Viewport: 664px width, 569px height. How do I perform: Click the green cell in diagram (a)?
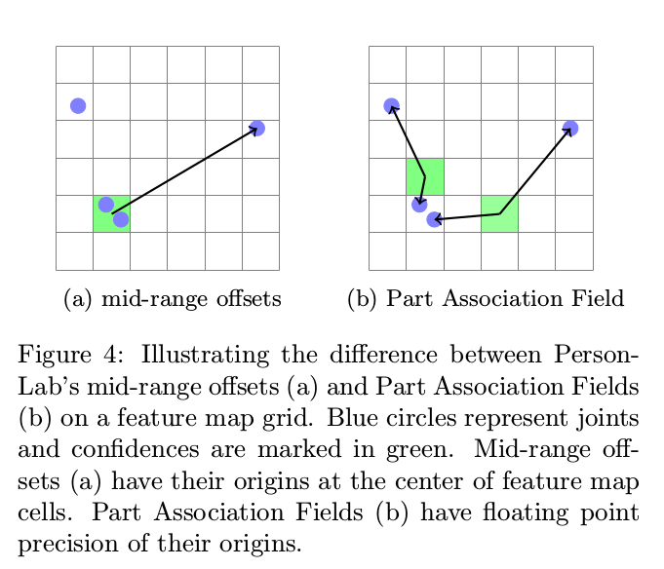[x=111, y=213]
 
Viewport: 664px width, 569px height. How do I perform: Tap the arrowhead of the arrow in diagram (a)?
[x=254, y=131]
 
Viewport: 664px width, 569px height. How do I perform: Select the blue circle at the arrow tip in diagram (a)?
[x=257, y=129]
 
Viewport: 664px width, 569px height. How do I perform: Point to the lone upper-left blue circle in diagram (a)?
[x=78, y=105]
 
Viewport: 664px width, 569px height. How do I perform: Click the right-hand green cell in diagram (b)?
[x=499, y=213]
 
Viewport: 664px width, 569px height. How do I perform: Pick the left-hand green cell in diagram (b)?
[x=425, y=176]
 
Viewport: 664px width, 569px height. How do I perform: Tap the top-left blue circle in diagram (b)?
[x=391, y=105]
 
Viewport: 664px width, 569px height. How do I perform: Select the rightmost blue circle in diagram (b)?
[x=570, y=129]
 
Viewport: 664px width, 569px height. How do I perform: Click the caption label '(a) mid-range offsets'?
[x=172, y=299]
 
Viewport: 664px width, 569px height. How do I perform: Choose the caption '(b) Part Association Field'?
[x=485, y=299]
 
